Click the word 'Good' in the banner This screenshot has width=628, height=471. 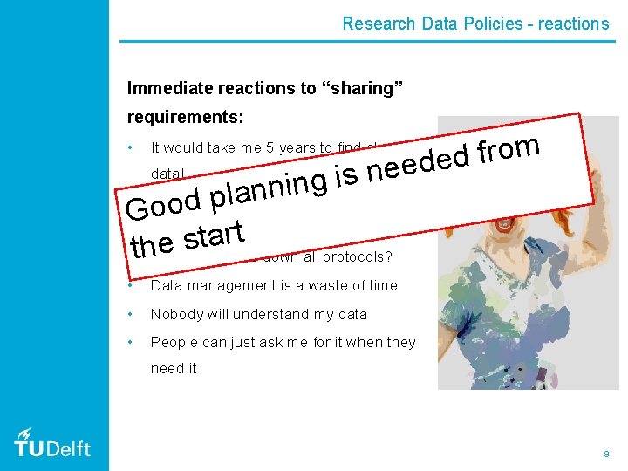163,203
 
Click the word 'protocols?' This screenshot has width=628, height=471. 357,257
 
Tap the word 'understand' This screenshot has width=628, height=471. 258,314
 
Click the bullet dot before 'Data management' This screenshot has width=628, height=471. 129,285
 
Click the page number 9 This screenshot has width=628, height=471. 606,454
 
